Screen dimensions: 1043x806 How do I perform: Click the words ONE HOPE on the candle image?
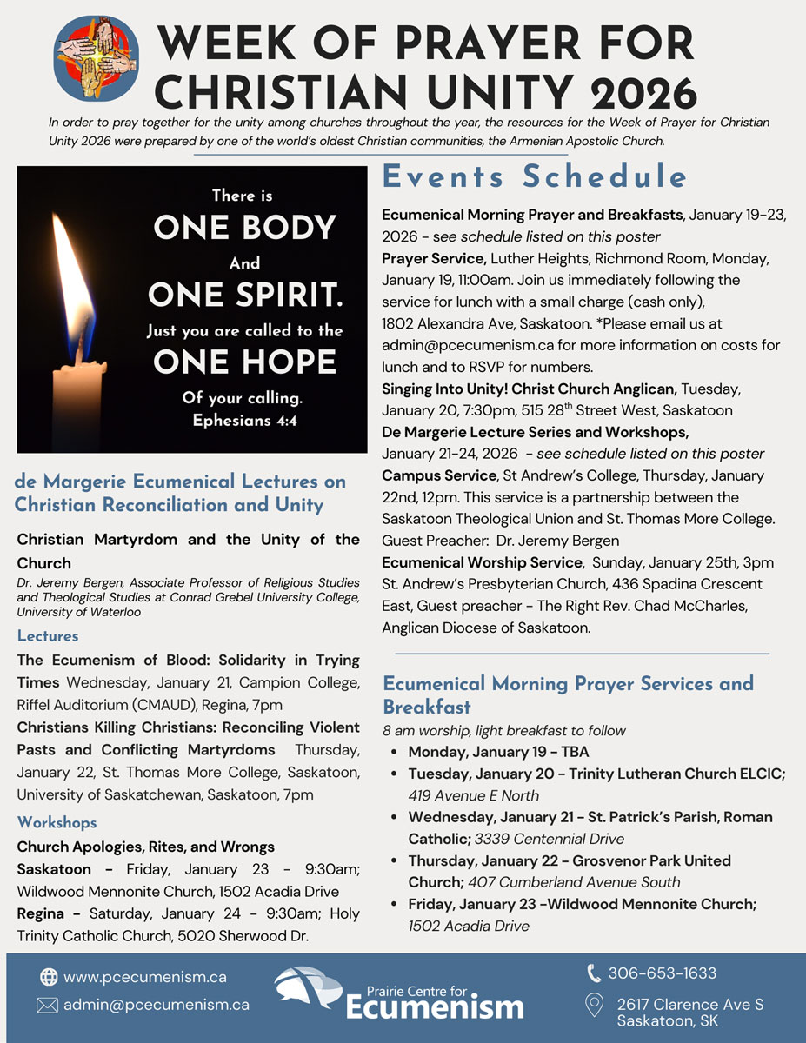(244, 362)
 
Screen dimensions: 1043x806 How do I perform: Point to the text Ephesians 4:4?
(244, 421)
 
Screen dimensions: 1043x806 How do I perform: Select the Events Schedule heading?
(535, 176)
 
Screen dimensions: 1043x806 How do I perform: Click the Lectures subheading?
(48, 636)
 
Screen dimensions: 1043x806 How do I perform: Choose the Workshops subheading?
(57, 822)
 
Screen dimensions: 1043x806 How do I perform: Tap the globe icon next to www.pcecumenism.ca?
(48, 977)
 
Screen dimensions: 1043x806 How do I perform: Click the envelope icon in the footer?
(48, 1005)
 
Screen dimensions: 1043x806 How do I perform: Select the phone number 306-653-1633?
(663, 973)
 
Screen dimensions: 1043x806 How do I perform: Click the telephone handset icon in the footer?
(595, 973)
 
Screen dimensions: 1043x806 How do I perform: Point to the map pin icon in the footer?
(595, 1006)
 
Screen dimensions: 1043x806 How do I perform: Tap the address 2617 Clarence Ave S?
(690, 1005)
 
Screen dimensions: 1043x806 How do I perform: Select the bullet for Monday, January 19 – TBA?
(396, 752)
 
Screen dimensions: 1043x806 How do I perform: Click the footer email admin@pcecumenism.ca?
(157, 1005)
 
